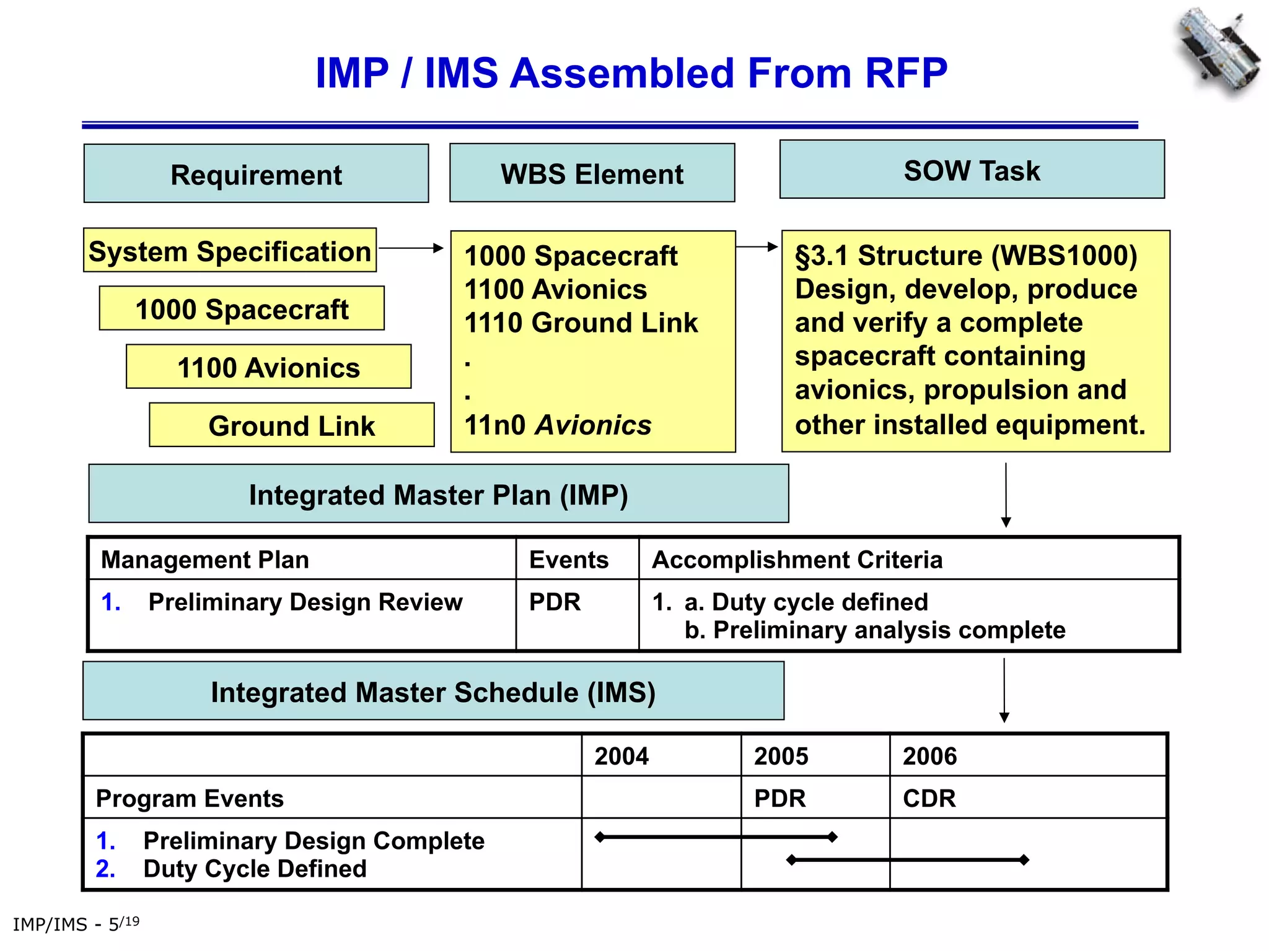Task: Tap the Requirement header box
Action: [x=256, y=174]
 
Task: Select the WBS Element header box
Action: [x=592, y=173]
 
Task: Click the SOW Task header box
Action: [x=972, y=170]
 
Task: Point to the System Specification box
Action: [x=230, y=251]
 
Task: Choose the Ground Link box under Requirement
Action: [x=292, y=425]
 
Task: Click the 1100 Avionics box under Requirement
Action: [x=268, y=367]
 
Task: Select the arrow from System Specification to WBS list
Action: [x=411, y=248]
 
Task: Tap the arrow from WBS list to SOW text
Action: [x=757, y=247]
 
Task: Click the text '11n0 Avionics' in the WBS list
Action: [x=558, y=425]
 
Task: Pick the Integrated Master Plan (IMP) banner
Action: [x=438, y=494]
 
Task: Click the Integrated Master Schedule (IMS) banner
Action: [x=433, y=692]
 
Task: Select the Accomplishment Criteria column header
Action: [x=797, y=560]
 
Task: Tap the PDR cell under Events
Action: [x=555, y=602]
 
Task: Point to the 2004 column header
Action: [x=621, y=756]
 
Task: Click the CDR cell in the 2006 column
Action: [x=929, y=798]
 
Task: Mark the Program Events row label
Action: [x=190, y=798]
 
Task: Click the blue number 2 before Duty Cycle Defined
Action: [x=105, y=869]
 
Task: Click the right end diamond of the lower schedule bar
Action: [x=1024, y=859]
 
